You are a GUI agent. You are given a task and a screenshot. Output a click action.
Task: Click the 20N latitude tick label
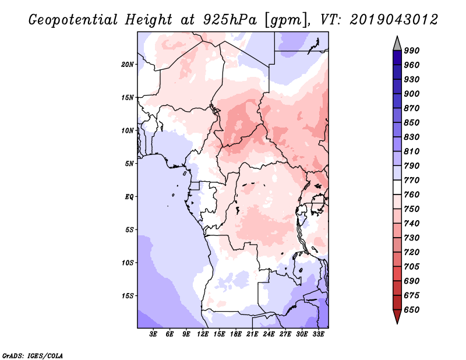click(x=127, y=65)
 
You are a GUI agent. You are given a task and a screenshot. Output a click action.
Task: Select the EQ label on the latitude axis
click(x=129, y=197)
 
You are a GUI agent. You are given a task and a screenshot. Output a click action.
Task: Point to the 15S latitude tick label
click(x=128, y=296)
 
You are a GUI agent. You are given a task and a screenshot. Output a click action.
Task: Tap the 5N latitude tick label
click(x=129, y=164)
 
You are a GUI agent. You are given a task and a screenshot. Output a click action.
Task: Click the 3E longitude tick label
click(x=153, y=334)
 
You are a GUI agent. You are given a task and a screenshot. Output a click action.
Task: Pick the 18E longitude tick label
click(x=236, y=334)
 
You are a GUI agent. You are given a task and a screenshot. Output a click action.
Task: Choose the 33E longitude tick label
click(x=318, y=334)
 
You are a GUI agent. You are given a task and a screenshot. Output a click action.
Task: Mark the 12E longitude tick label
click(x=203, y=334)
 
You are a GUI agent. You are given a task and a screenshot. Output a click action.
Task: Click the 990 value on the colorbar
click(x=412, y=51)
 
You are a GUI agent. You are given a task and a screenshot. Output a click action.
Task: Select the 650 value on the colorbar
click(x=412, y=310)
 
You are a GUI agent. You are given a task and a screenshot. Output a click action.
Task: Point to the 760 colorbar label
click(x=412, y=195)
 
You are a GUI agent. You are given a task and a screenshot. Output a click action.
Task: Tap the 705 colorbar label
click(x=412, y=267)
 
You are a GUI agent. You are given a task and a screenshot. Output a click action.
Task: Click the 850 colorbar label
click(x=412, y=123)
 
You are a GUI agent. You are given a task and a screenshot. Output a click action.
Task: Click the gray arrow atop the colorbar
click(x=397, y=44)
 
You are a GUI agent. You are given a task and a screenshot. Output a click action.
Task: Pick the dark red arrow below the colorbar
click(x=397, y=316)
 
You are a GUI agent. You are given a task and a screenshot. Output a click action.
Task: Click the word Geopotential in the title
click(x=73, y=20)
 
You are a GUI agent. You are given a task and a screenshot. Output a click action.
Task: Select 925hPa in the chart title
click(x=230, y=20)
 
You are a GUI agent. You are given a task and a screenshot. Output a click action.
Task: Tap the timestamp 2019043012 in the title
click(x=394, y=20)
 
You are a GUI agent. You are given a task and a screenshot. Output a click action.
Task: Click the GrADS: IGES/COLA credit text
click(x=33, y=355)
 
